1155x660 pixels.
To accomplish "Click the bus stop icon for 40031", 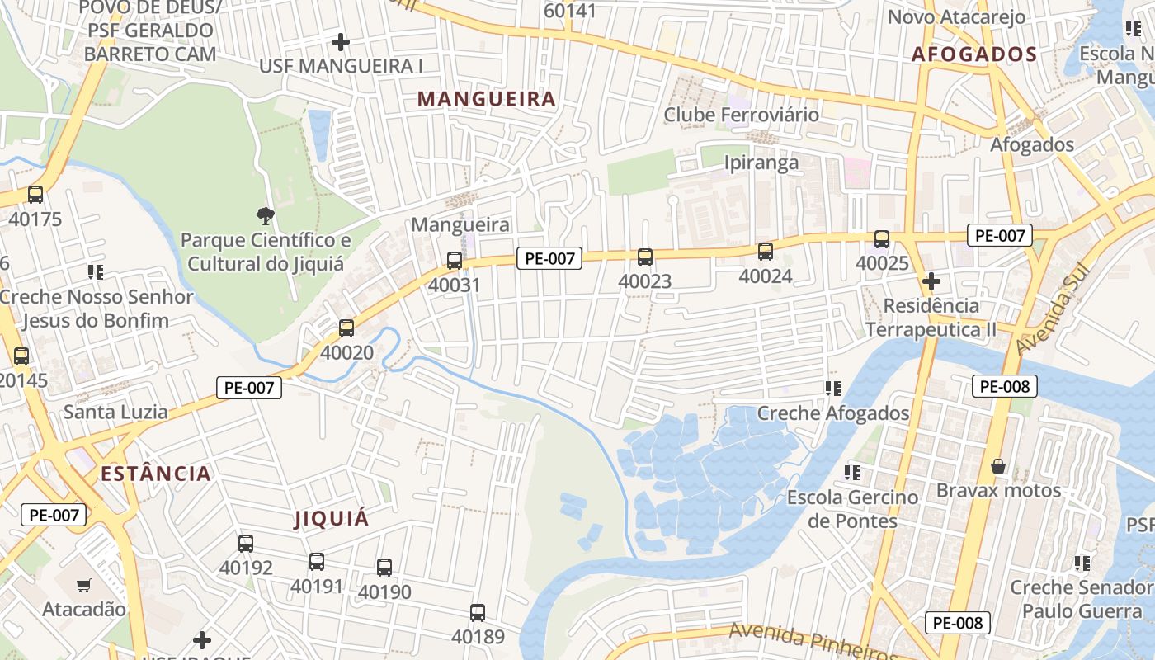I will point(455,261).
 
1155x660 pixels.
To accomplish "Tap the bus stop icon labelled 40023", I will point(645,257).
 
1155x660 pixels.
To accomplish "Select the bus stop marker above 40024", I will point(766,252).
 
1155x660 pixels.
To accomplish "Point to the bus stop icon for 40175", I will point(35,195).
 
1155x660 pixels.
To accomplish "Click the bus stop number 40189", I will point(478,637).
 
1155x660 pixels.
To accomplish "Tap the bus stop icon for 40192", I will point(246,544).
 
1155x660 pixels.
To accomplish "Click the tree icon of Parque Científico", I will point(265,216).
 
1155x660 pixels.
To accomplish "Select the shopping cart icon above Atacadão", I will point(83,586).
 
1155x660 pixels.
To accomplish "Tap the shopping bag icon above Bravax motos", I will point(998,467).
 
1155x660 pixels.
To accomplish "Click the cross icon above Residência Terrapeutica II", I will point(931,281).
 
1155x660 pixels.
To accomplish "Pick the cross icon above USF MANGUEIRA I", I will point(340,41).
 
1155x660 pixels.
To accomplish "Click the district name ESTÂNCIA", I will point(156,474).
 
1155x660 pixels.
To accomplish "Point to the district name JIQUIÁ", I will point(332,519).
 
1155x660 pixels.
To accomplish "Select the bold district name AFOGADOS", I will point(974,54).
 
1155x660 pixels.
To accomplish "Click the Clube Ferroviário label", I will point(742,114).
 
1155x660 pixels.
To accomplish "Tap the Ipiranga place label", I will point(761,162).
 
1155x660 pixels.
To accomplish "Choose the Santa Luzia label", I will point(115,412).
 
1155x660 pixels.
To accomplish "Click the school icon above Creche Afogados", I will point(833,388).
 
